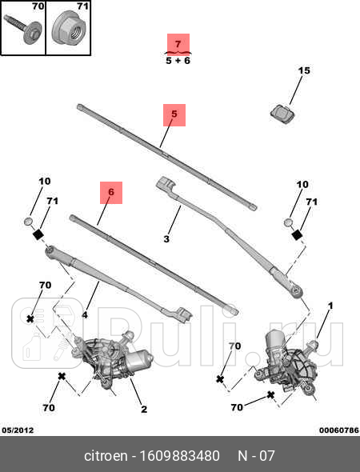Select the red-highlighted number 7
[x=178, y=43]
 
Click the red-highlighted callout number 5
[x=174, y=114]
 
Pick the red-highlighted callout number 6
[x=111, y=192]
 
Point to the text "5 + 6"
[x=178, y=60]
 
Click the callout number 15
[x=304, y=71]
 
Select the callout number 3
[x=166, y=238]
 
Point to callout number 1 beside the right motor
[x=330, y=306]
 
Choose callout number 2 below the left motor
[x=143, y=410]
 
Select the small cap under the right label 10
[x=289, y=221]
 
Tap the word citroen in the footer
[x=105, y=457]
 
